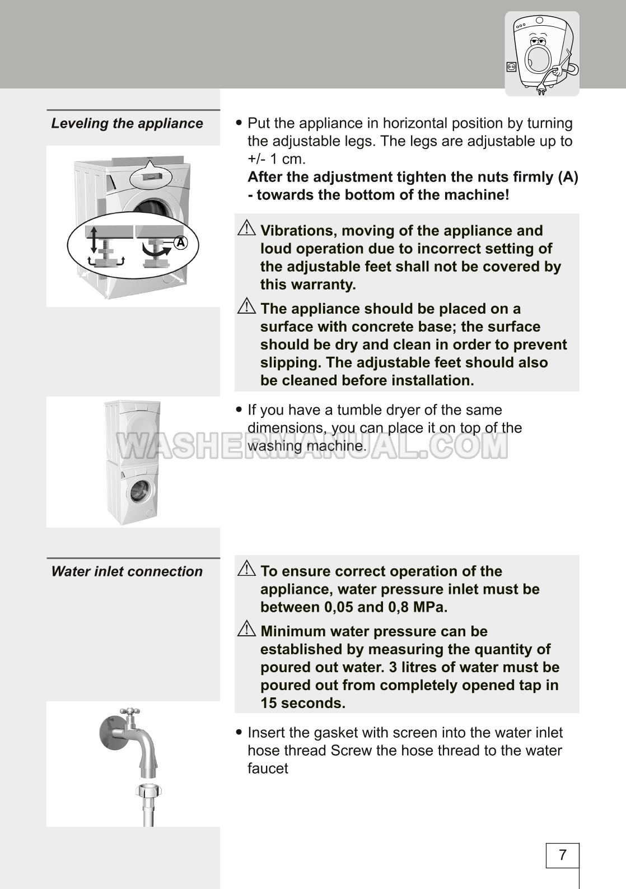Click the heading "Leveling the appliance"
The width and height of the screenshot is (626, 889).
tap(127, 123)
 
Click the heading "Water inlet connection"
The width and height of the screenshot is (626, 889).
tap(127, 571)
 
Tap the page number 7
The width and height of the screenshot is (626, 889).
tap(562, 855)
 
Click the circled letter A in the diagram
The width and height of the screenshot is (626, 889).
tap(180, 243)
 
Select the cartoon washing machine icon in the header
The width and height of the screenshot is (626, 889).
tap(542, 54)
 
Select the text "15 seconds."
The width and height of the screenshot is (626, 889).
tap(303, 703)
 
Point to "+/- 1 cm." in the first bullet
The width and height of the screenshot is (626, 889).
tap(277, 159)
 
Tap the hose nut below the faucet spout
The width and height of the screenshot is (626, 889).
tap(148, 792)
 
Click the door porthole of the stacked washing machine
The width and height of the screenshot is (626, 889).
tap(138, 492)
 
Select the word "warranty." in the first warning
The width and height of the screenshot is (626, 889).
tap(327, 285)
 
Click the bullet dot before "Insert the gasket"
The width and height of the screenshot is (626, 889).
tap(240, 733)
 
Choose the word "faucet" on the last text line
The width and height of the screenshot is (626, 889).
tap(268, 769)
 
